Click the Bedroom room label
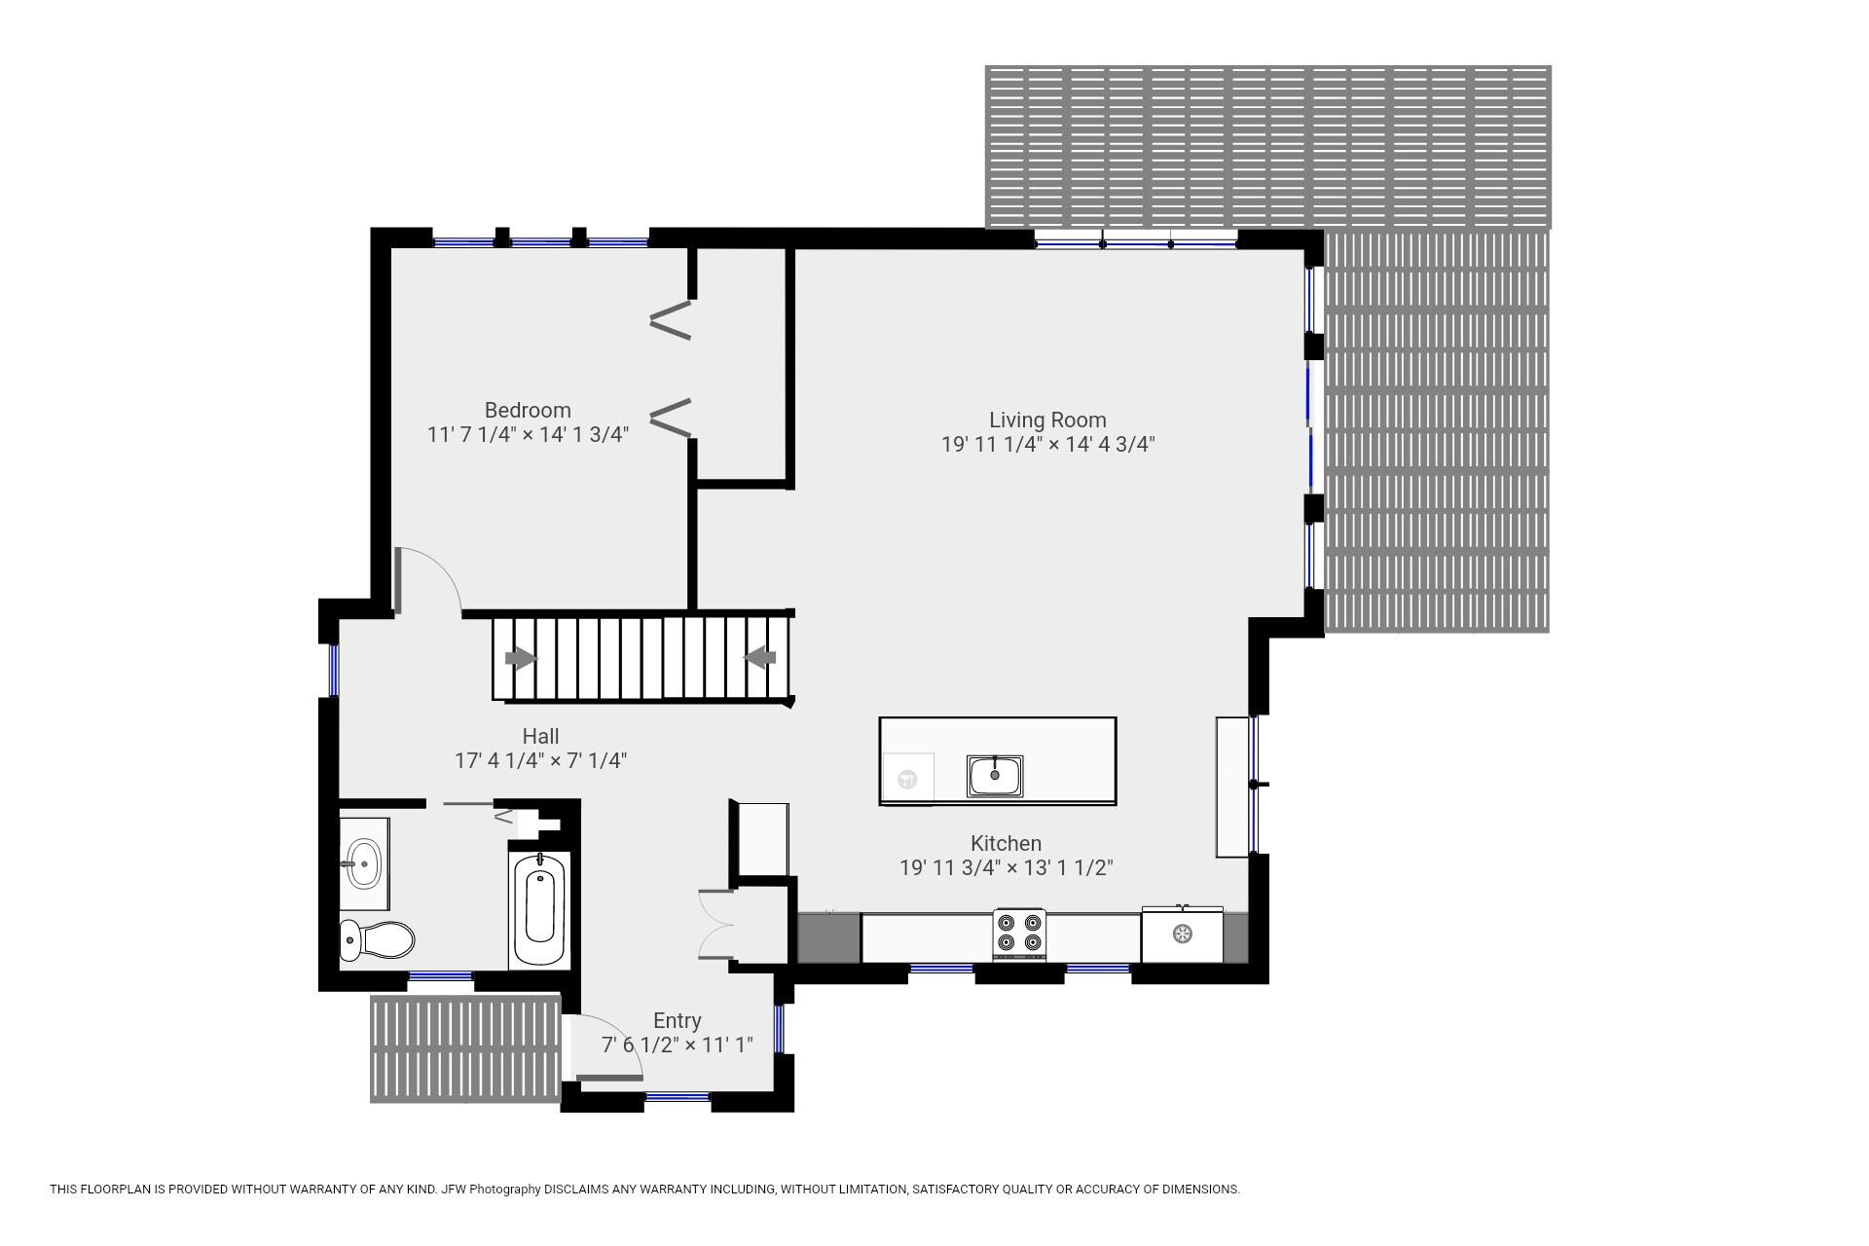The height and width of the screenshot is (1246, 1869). [x=528, y=410]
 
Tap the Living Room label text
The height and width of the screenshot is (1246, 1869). [x=1047, y=420]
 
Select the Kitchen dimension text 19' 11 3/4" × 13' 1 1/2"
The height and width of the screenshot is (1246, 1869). [x=1006, y=867]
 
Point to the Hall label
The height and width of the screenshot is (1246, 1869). [x=540, y=736]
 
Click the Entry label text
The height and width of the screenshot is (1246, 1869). [x=677, y=1020]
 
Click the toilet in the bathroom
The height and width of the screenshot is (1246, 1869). [x=377, y=939]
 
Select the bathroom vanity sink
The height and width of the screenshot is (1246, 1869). [x=364, y=862]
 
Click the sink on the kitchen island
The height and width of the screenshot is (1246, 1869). [x=995, y=775]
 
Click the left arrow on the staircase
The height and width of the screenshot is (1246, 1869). [x=521, y=659]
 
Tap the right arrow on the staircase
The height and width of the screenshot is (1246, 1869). [x=759, y=658]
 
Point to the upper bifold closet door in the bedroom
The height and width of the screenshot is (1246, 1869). [x=671, y=320]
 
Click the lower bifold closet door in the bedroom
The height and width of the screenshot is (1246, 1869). [x=671, y=418]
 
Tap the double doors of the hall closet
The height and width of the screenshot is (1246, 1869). [x=716, y=924]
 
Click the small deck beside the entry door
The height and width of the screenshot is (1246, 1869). [x=465, y=1048]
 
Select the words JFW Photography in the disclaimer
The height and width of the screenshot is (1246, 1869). [x=491, y=1189]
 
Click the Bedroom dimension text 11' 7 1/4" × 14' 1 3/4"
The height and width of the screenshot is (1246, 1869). [x=528, y=434]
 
